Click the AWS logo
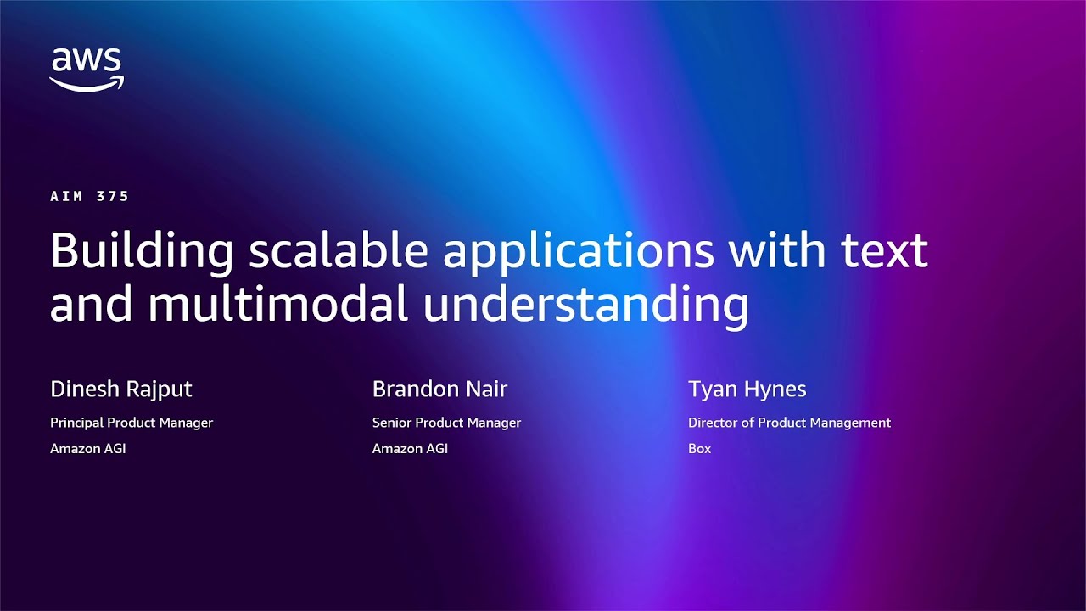tap(87, 69)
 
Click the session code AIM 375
tap(89, 196)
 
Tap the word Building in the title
tap(142, 252)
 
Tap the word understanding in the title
tap(585, 306)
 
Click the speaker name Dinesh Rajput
tap(121, 390)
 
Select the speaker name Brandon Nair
tap(439, 390)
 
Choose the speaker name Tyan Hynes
tap(747, 390)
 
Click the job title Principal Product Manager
tap(132, 423)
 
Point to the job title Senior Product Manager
tap(446, 423)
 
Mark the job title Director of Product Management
tap(789, 423)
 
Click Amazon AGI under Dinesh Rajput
tap(87, 448)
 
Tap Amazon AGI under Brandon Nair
tap(410, 448)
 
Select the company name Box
tap(699, 448)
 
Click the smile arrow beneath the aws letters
tap(87, 83)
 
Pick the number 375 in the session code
tap(114, 196)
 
